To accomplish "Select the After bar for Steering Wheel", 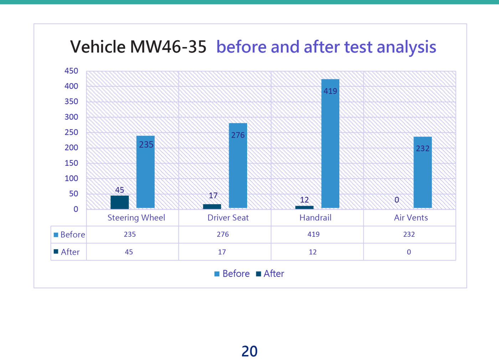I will [x=119, y=202].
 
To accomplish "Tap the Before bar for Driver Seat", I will [x=238, y=165].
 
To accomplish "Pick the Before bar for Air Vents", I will [x=422, y=172].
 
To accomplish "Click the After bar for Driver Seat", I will [x=212, y=206].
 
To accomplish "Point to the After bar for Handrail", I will [x=304, y=207].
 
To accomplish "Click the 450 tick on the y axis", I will [x=71, y=71].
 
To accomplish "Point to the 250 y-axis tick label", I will [x=71, y=132].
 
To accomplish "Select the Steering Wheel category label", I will [x=136, y=218].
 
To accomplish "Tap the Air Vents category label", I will [x=411, y=218].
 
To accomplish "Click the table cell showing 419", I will [x=313, y=235].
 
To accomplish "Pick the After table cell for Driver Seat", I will [x=222, y=252].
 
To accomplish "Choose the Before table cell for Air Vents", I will [x=409, y=235].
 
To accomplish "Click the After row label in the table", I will [x=70, y=252].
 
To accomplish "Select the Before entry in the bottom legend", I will [x=236, y=274].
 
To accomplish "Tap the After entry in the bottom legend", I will [x=273, y=274].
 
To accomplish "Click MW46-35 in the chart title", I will [x=168, y=47].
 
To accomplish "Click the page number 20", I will [x=249, y=351].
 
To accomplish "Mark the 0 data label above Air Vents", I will [x=397, y=200].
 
